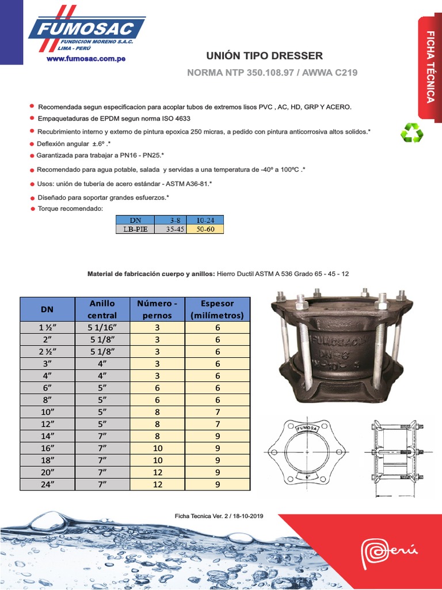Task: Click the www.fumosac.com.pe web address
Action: coord(86,58)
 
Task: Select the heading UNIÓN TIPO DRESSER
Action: coord(265,56)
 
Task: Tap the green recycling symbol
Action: coord(411,133)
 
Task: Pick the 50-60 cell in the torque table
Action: coord(205,229)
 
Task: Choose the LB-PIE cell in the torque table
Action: coord(135,229)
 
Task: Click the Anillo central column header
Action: coord(102,309)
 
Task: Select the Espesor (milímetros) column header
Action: coord(217,309)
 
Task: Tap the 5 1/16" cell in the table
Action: coord(102,328)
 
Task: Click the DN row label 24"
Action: coord(47,485)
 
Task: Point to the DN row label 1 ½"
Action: coord(47,328)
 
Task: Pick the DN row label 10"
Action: coord(47,413)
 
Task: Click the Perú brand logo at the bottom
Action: coord(388,555)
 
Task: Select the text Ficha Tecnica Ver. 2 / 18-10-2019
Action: coord(219,516)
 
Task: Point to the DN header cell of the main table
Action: coord(47,309)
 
